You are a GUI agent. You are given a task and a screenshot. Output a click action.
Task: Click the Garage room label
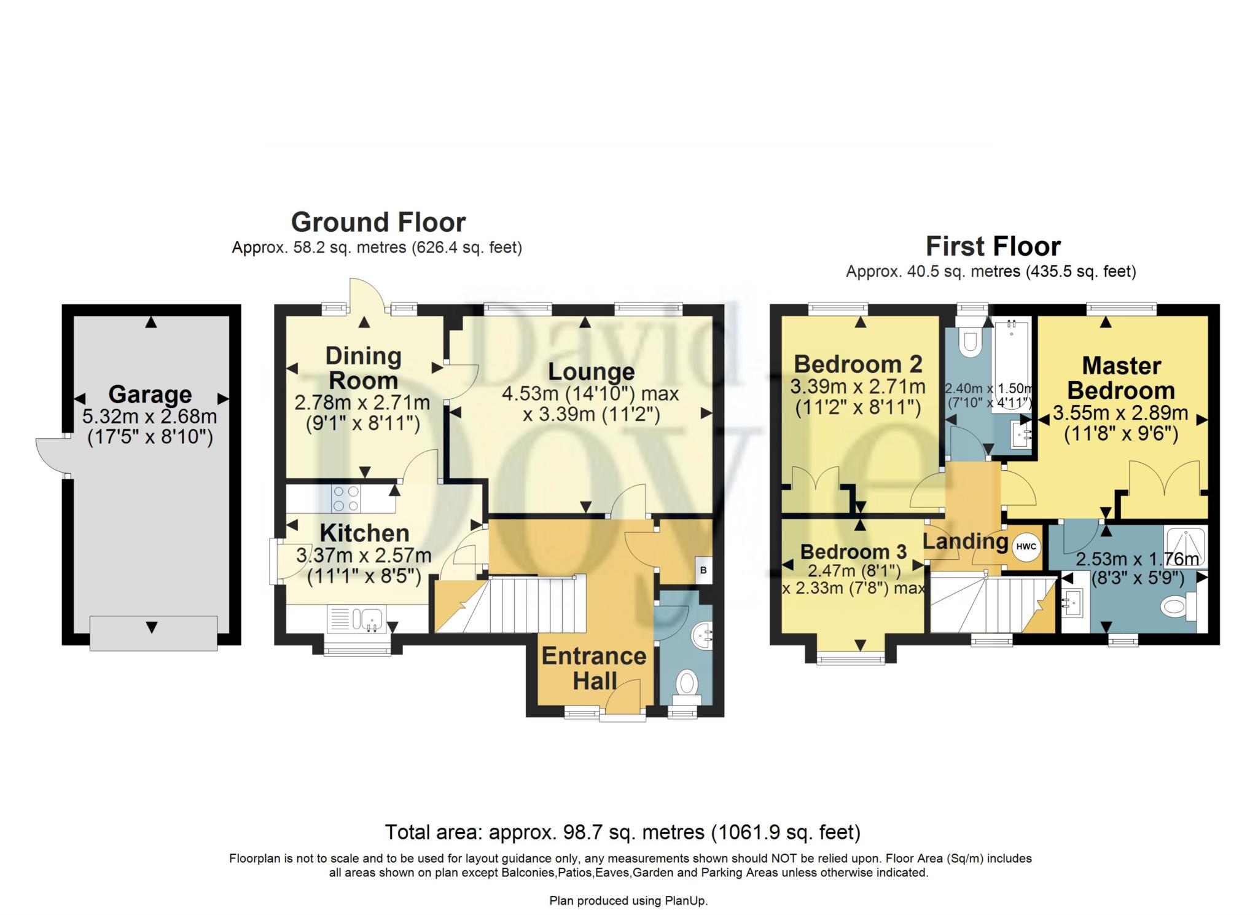pos(150,394)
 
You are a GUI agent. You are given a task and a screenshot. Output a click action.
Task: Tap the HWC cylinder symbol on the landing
pos(1026,546)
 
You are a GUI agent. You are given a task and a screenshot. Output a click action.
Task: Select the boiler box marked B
pos(703,570)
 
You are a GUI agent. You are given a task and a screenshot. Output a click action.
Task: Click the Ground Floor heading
pos(378,222)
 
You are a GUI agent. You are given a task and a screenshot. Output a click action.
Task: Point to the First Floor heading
pos(993,246)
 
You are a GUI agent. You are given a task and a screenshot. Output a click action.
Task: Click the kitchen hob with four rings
pos(346,498)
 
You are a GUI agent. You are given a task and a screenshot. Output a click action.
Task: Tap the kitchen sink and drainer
pos(356,619)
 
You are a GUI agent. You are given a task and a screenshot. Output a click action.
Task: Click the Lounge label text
pos(592,372)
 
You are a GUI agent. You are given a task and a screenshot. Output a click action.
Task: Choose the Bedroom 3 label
pos(853,551)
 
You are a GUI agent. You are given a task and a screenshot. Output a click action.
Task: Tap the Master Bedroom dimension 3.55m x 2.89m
pos(1120,413)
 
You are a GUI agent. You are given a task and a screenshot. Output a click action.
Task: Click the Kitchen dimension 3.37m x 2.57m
pos(364,556)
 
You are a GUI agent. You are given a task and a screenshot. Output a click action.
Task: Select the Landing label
pos(966,541)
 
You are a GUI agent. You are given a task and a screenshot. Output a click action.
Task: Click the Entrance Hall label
pos(594,669)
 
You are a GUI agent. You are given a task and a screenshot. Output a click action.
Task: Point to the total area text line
pos(623,832)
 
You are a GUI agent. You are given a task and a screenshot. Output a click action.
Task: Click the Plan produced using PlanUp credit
pos(628,901)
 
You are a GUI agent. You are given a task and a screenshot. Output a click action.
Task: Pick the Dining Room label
pos(363,368)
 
